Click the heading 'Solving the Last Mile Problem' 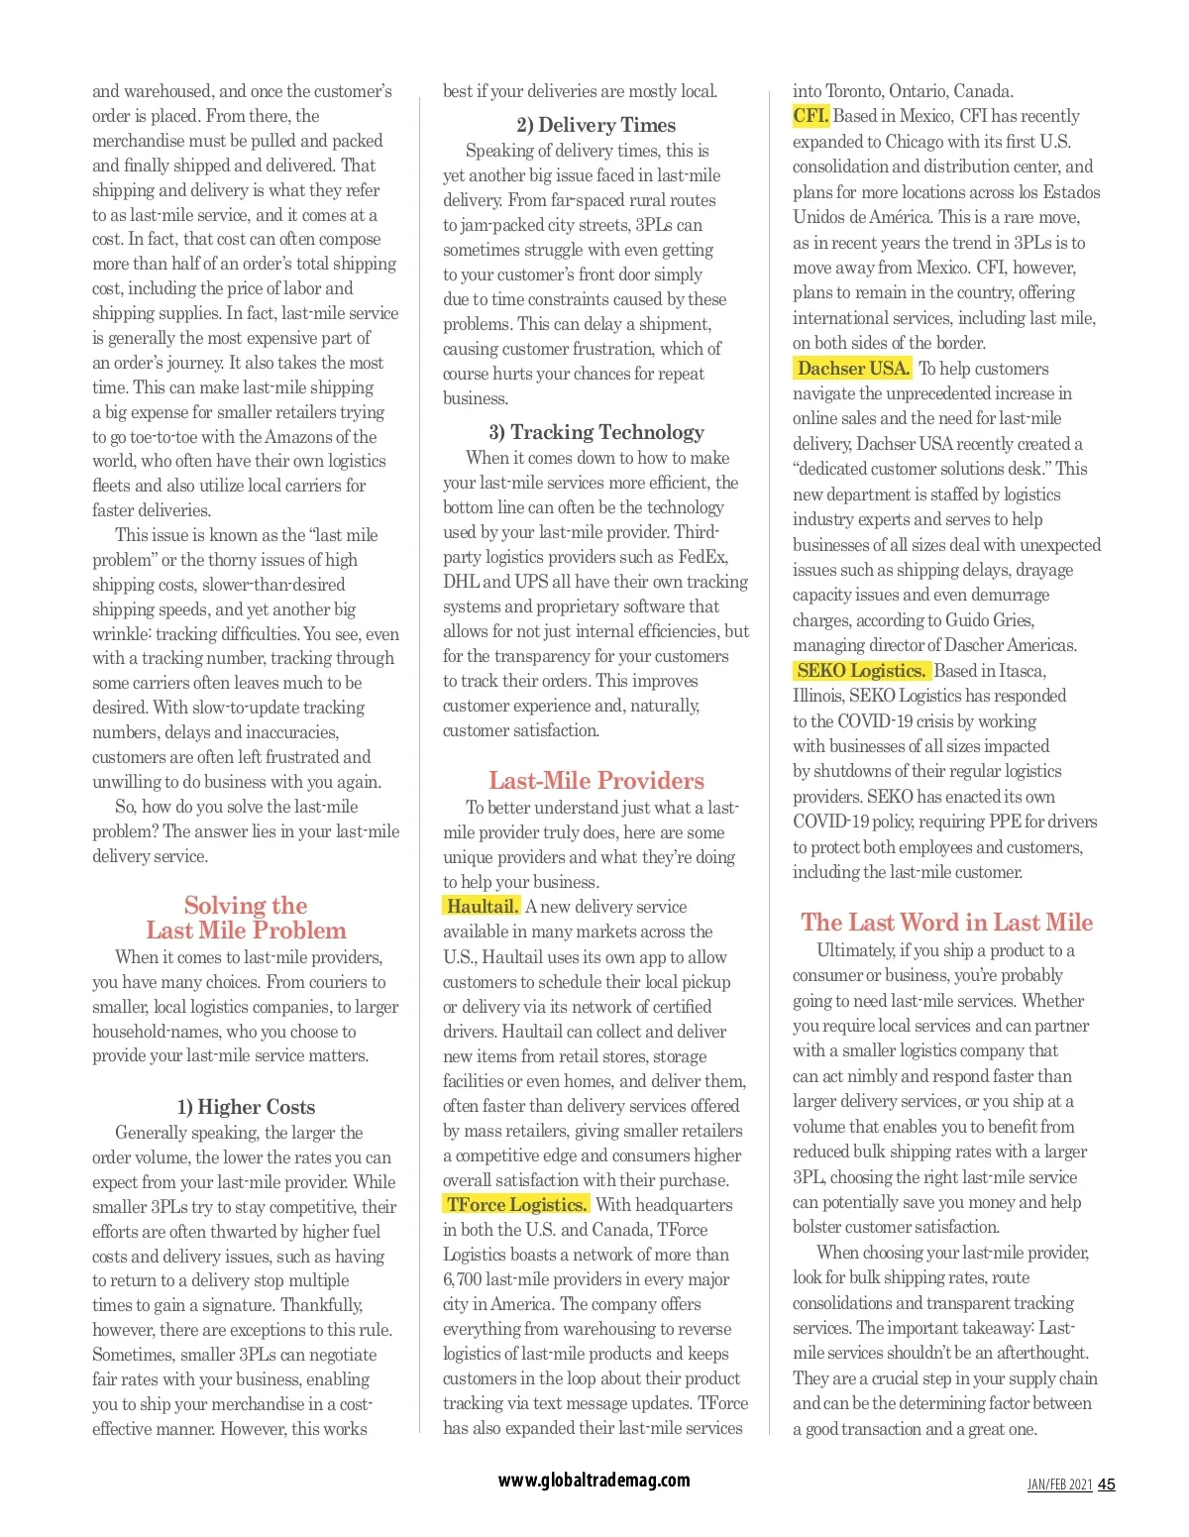point(246,918)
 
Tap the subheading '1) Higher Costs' point(246,1107)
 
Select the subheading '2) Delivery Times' point(595,125)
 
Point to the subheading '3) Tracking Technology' point(595,432)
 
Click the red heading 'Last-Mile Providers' point(595,781)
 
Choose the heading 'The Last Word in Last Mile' point(946,923)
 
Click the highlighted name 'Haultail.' point(482,907)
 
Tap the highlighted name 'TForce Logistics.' point(516,1205)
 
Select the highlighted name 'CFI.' point(811,116)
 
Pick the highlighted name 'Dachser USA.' point(853,369)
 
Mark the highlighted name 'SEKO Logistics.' point(861,671)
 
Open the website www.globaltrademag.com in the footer point(594,1481)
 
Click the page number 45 point(1107,1484)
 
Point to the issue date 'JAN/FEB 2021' point(1059,1484)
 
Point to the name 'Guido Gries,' point(990,620)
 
